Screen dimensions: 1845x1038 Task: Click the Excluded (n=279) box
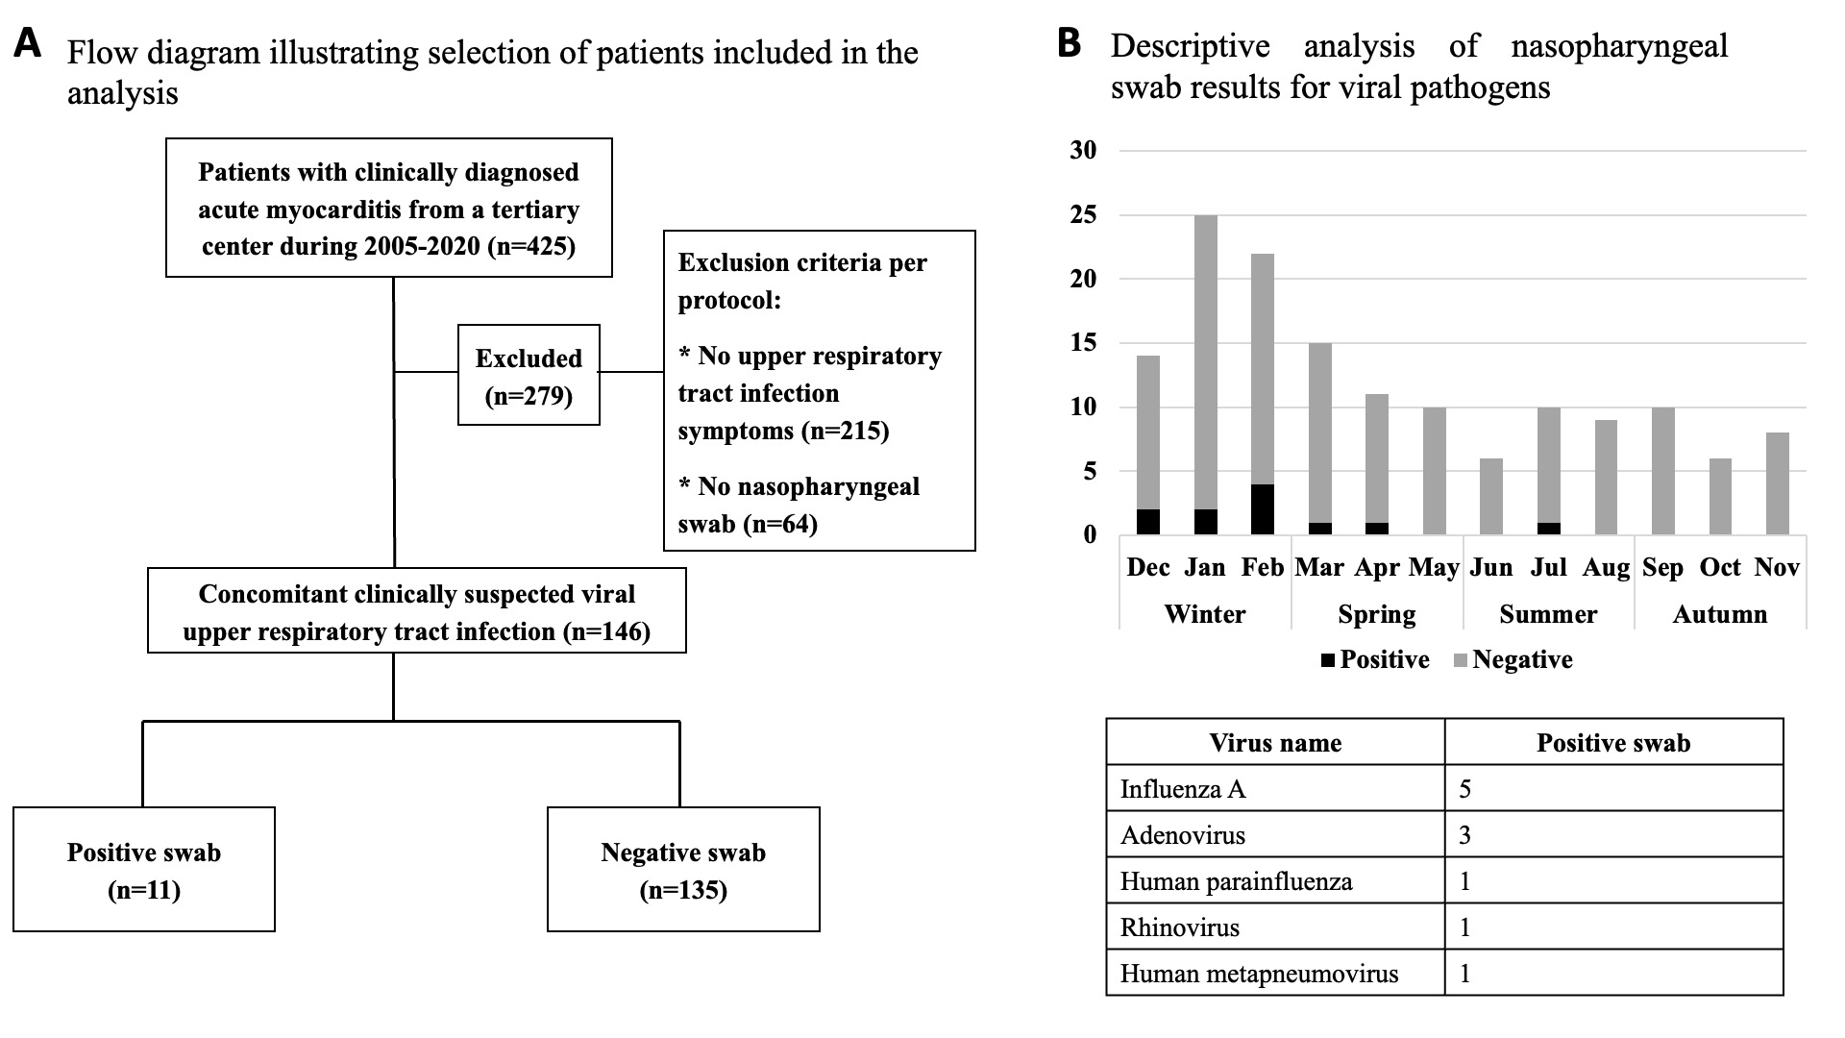529,375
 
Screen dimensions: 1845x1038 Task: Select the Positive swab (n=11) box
144,870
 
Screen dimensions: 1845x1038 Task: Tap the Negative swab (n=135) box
683,870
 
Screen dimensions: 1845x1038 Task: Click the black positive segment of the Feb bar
1262,509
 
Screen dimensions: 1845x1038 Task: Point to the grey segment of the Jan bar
1205,362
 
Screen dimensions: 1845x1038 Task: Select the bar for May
1434,471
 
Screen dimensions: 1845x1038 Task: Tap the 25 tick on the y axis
1083,214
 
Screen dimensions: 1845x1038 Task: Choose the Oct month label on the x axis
1720,567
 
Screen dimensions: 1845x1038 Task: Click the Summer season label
1548,614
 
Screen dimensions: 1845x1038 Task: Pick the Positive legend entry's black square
1329,660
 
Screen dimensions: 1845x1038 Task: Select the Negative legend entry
1513,659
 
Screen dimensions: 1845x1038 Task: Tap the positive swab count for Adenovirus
1464,835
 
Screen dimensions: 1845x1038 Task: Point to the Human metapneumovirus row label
1259,974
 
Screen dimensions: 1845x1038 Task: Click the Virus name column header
1275,743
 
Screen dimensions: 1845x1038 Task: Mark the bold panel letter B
1070,43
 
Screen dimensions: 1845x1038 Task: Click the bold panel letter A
28,43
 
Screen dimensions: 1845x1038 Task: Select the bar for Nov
1778,483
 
